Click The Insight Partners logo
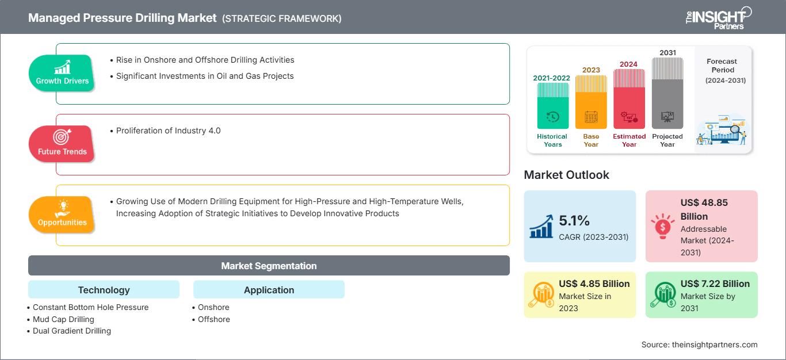718,18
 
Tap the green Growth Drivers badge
62,73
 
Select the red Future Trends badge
62,144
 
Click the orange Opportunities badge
62,215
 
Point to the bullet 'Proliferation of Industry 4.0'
165,131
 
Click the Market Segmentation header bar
269,265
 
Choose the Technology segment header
104,289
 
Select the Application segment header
269,289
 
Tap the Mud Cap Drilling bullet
60,319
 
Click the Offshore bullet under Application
211,319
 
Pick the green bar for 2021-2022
552,106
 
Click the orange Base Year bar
591,102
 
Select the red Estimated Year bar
629,99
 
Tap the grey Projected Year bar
667,93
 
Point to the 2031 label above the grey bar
667,52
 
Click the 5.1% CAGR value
574,220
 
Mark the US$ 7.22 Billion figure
715,284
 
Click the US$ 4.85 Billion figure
594,284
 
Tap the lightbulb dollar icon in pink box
662,226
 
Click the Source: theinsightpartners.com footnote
699,344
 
